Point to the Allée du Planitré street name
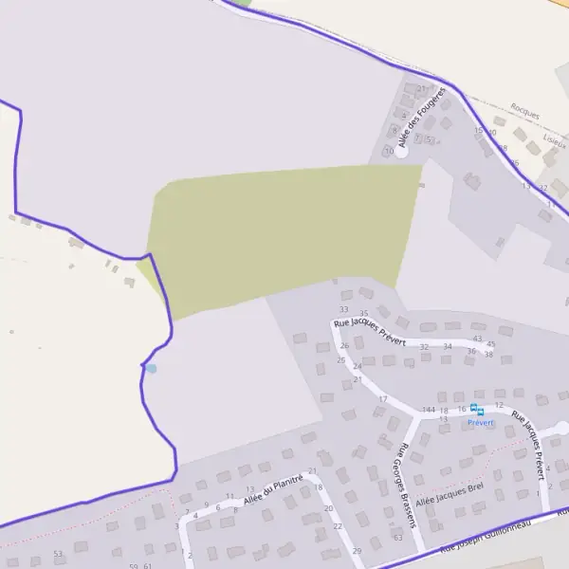pos(273,489)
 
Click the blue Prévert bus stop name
pos(481,423)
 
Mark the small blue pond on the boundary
pos(150,367)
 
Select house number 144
pos(429,410)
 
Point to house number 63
pos(398,538)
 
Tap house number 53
pos(58,553)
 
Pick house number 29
pos(357,551)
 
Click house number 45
pos(490,344)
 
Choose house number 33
pos(343,309)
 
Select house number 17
pos(383,399)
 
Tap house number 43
pos(477,339)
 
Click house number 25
pos(340,360)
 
